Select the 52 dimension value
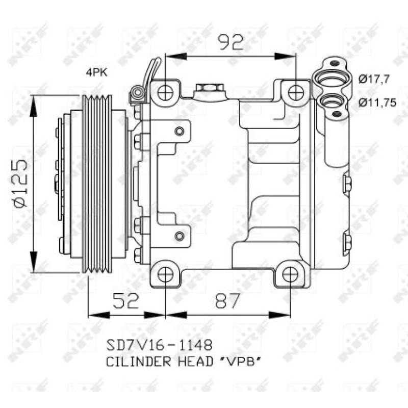tap(125, 301)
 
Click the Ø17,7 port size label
tap(374, 79)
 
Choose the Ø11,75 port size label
tap(377, 102)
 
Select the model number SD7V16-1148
tap(158, 345)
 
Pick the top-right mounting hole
tap(296, 92)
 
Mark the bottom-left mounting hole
tap(165, 274)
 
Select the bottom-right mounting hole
tap(290, 274)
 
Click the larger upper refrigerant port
tap(332, 80)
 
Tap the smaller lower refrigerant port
tap(332, 103)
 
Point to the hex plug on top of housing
tap(208, 90)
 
